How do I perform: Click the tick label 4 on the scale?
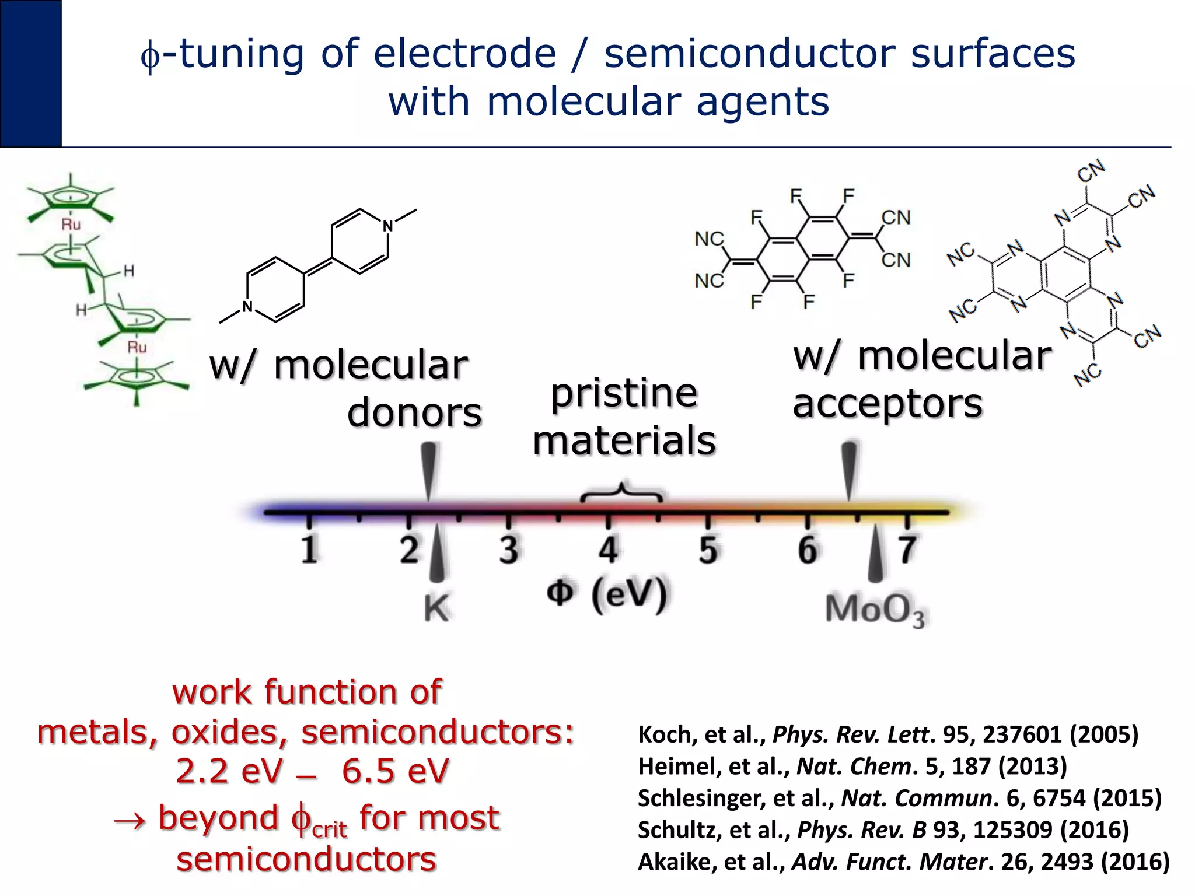[x=608, y=549]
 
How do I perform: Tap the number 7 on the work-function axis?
[x=907, y=549]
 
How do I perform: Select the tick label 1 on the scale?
[x=309, y=549]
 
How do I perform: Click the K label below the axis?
[x=436, y=608]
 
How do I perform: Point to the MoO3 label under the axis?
[x=875, y=610]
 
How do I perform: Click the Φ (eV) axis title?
[x=607, y=594]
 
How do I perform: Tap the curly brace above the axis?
[x=621, y=491]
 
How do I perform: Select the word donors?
[x=414, y=413]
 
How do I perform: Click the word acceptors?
[x=887, y=404]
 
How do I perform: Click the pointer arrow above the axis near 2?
[x=429, y=470]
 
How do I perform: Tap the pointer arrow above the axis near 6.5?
[x=850, y=470]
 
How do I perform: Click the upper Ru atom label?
[x=71, y=225]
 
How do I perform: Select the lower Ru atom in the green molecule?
[x=137, y=348]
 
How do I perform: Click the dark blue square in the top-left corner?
[x=30, y=73]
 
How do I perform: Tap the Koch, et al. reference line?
[x=887, y=734]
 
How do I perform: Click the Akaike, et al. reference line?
[x=903, y=862]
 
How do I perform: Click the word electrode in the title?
[x=465, y=54]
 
